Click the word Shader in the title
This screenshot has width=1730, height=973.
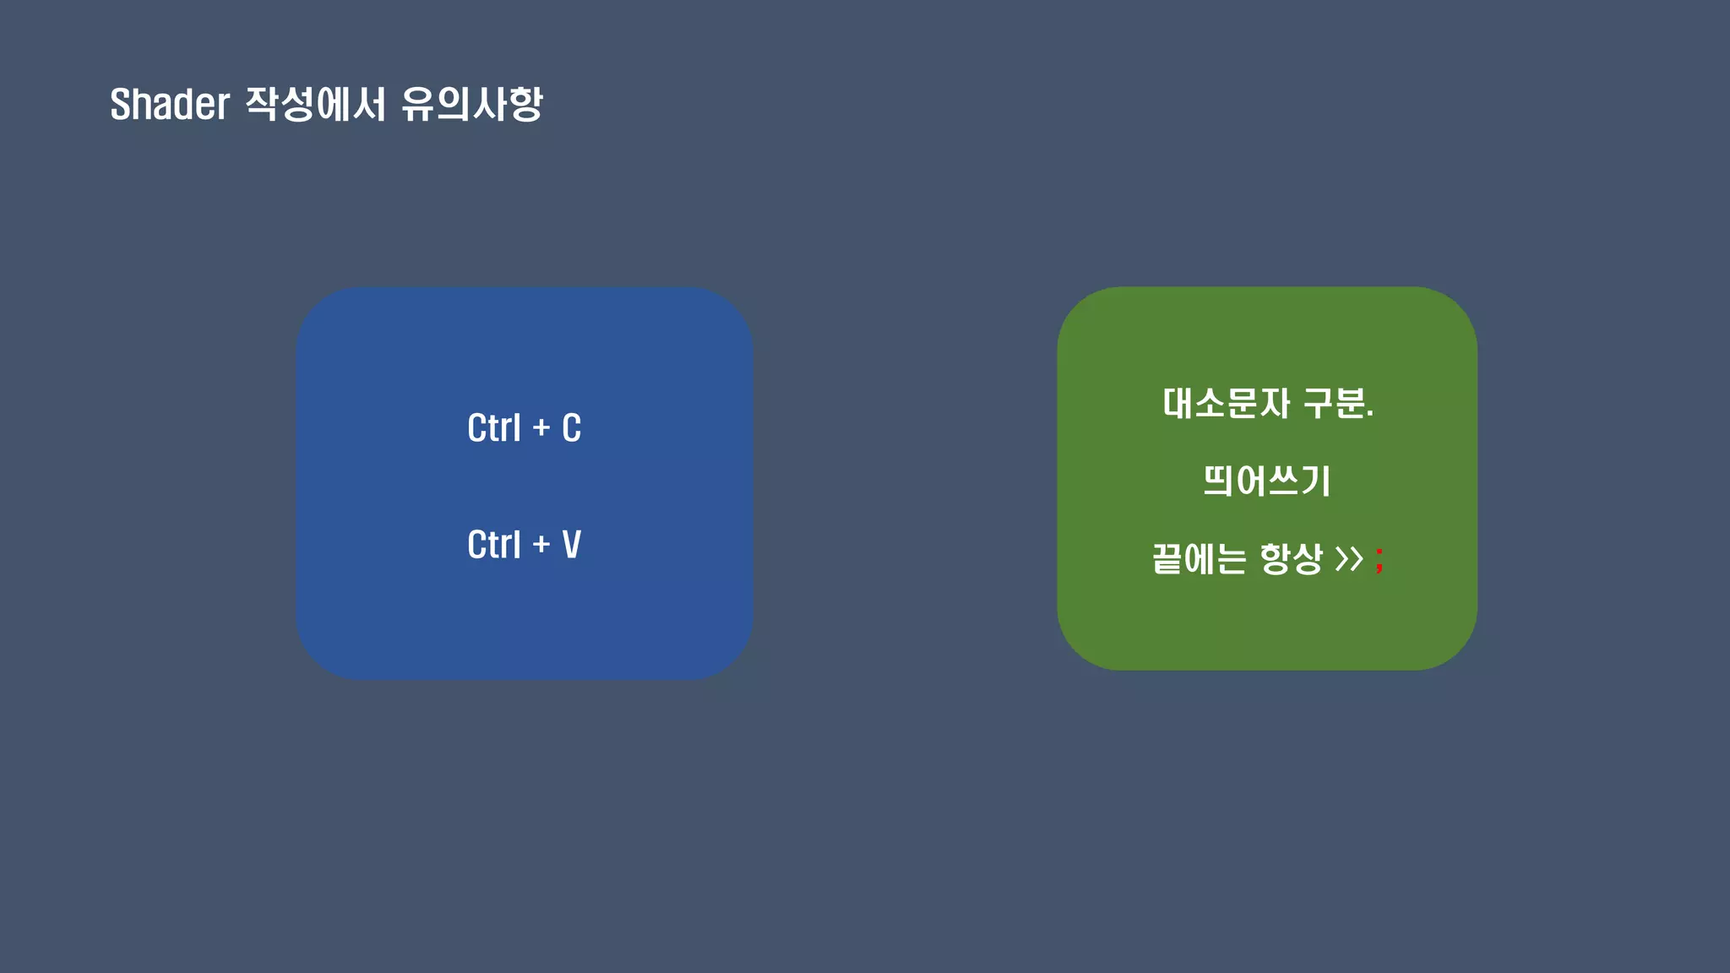170,105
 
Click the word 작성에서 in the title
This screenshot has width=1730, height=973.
315,105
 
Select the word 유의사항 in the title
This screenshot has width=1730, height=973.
471,105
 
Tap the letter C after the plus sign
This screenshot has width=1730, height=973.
572,428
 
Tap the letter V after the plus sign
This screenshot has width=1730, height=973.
572,545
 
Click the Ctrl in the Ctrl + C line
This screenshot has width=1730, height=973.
494,428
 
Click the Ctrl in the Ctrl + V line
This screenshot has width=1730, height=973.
494,545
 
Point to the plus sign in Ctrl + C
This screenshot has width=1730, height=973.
541,429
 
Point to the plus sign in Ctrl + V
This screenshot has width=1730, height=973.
541,546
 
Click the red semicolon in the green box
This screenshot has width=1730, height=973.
1379,559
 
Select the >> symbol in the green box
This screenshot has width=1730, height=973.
1349,559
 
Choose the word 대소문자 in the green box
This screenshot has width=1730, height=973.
1226,404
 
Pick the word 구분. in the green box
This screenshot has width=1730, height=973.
1338,404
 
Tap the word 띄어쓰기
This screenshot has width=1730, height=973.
1267,481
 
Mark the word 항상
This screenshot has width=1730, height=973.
1291,559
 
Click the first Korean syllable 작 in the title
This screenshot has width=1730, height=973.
261,105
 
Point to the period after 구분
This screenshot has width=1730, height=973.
1370,416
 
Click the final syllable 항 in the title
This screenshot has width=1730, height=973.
525,105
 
